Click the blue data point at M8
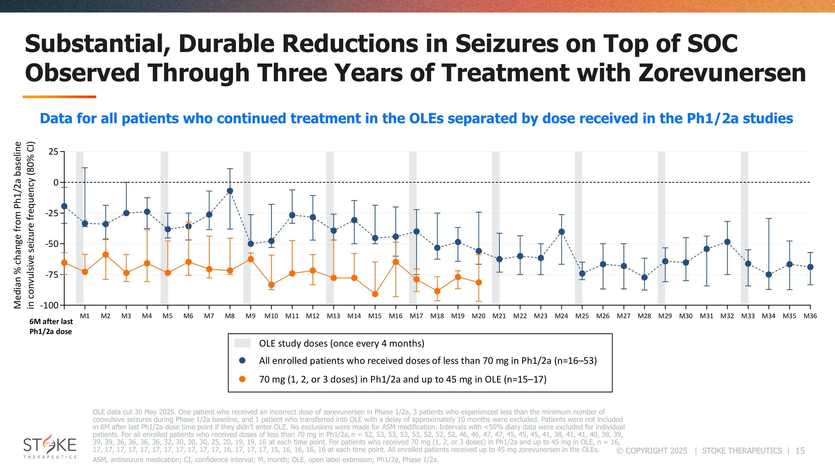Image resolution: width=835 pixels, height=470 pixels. tap(230, 191)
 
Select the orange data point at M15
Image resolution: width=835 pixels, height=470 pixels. tap(375, 294)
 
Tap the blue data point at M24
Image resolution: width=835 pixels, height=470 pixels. tap(561, 232)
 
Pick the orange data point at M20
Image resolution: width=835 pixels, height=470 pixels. tap(479, 283)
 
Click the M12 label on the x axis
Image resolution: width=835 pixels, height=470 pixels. tap(313, 316)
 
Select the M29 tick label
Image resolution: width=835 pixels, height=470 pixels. tap(665, 316)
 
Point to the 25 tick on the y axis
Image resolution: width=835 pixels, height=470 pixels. tap(53, 152)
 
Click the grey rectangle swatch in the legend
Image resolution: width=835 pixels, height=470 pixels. tap(242, 343)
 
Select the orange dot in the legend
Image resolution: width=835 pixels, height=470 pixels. tap(242, 379)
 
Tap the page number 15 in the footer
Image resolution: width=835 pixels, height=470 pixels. tap(800, 451)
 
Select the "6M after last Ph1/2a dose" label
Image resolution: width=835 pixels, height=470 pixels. tap(51, 326)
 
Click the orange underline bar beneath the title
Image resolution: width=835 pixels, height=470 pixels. tap(59, 97)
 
